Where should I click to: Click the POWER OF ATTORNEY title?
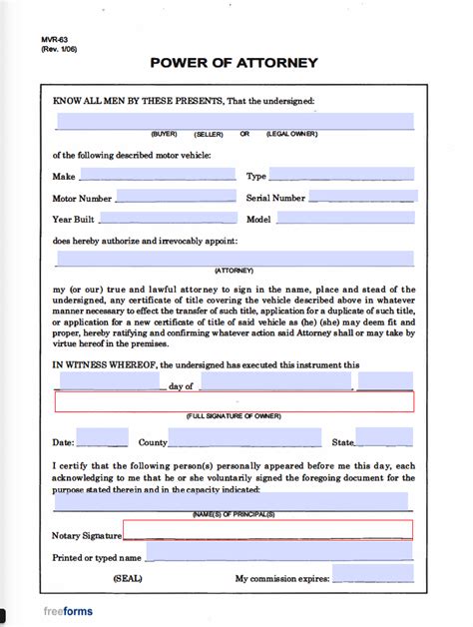tap(235, 63)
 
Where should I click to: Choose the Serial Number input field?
tap(359, 198)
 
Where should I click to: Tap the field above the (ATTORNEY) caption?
tap(235, 259)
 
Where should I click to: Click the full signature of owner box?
tap(235, 401)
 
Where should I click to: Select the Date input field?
tap(103, 437)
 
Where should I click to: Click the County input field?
tap(244, 437)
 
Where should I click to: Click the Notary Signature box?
tap(266, 530)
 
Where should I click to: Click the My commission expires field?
tap(372, 575)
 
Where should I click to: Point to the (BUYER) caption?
tap(165, 133)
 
